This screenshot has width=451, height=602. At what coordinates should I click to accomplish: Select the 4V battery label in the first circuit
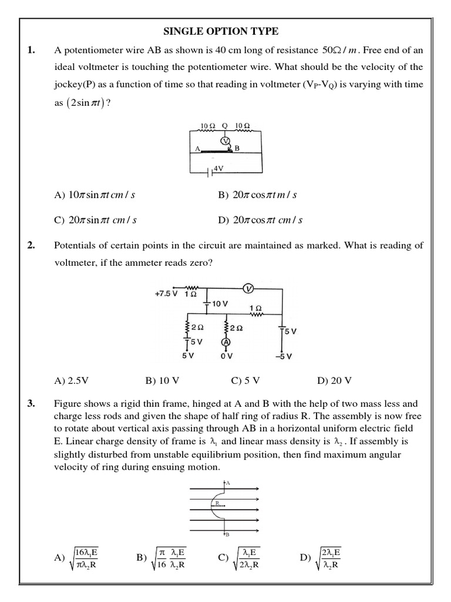(218, 168)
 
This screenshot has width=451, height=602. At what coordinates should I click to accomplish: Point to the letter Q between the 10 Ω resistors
(224, 126)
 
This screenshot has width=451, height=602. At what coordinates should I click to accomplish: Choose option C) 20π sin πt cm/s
(95, 220)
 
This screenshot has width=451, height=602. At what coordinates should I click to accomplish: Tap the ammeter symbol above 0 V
(225, 342)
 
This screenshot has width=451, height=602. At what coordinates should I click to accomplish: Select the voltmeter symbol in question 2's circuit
(248, 288)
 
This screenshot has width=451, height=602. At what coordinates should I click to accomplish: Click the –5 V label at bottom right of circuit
(284, 356)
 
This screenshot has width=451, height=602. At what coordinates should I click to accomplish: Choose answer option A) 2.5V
(71, 380)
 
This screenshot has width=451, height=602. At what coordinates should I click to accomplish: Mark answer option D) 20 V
(334, 380)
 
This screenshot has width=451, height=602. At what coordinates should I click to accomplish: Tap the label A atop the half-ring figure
(228, 482)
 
